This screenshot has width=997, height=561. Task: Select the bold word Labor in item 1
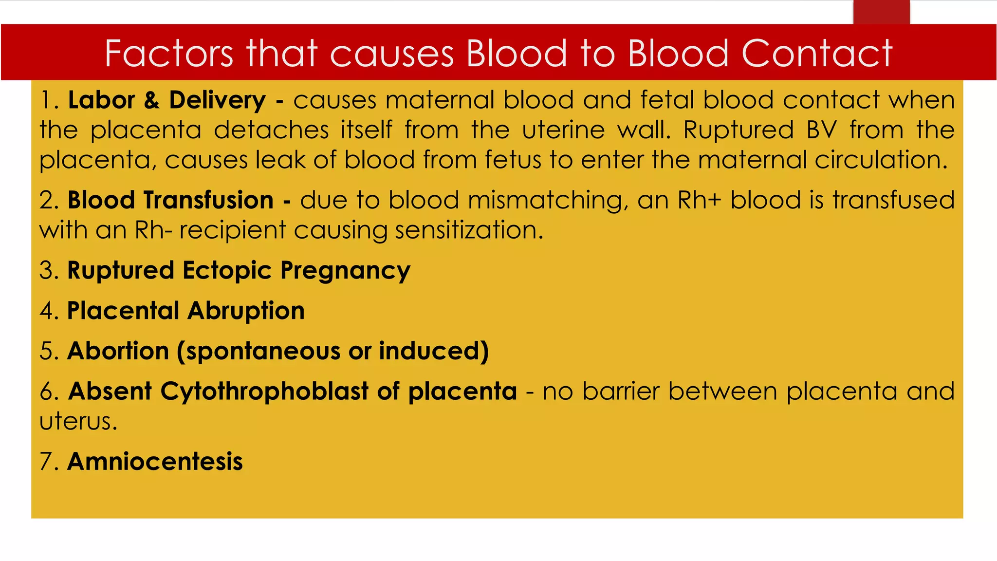tap(101, 100)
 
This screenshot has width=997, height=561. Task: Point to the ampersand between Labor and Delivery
tap(151, 100)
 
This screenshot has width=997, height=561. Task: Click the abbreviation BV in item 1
tap(821, 131)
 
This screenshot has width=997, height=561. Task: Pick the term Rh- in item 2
tap(153, 230)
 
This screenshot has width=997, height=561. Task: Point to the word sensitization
tap(469, 230)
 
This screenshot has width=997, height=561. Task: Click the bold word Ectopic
tap(227, 271)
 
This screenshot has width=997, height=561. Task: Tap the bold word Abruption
tap(246, 311)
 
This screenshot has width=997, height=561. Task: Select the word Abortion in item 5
tap(118, 351)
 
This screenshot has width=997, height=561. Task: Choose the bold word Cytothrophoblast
tap(264, 392)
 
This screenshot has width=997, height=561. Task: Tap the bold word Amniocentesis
tap(155, 462)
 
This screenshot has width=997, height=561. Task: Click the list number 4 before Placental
tap(47, 311)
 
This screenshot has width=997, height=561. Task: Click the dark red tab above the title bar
tap(881, 12)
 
